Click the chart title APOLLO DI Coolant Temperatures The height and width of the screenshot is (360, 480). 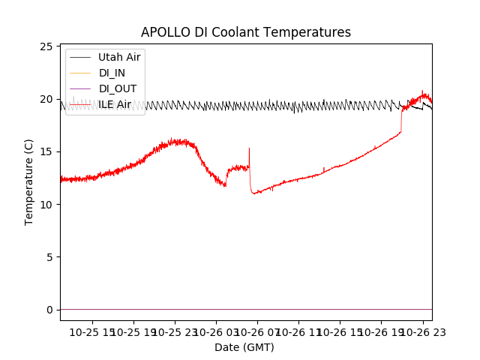(x=246, y=32)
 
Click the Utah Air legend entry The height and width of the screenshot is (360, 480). (x=118, y=57)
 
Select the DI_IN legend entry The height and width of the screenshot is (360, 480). (x=113, y=73)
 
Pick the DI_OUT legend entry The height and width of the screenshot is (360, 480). (x=118, y=88)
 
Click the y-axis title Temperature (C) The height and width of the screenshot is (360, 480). (x=29, y=181)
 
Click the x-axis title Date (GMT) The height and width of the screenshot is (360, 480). (x=244, y=347)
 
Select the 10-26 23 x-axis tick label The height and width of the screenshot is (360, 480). (x=421, y=331)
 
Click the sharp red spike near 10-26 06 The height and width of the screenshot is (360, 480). (x=249, y=150)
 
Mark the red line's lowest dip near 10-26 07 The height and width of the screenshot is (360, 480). (x=255, y=193)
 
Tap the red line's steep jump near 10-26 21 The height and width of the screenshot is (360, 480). (x=401, y=120)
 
